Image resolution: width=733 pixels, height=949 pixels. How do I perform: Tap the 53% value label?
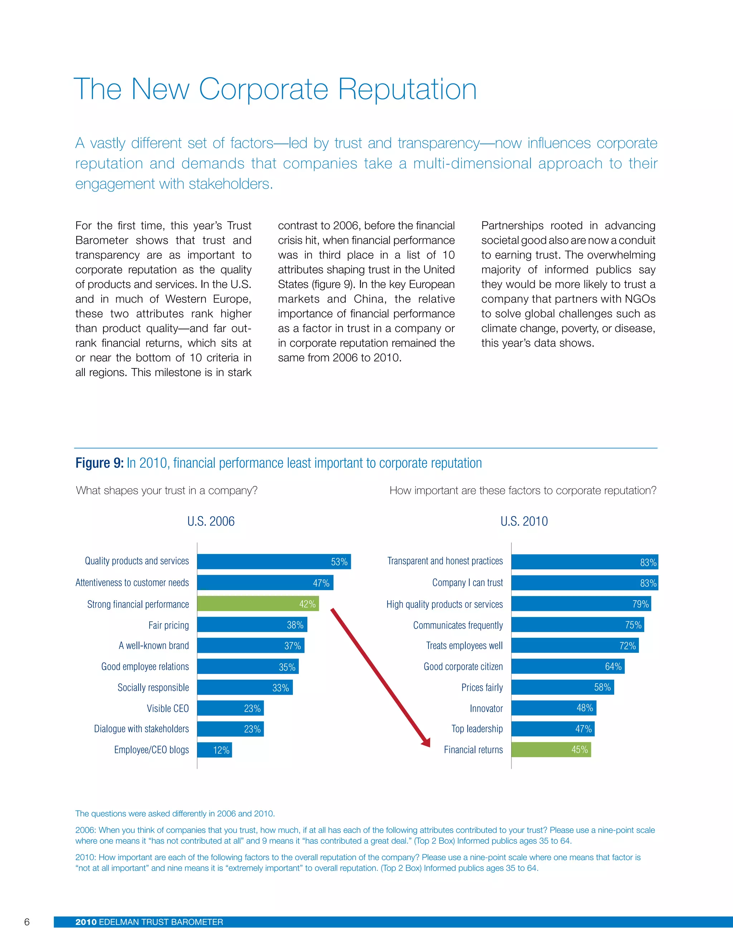[339, 562]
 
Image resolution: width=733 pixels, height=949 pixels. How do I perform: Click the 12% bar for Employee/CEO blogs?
[214, 750]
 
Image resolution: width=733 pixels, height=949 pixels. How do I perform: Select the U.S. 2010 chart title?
[524, 521]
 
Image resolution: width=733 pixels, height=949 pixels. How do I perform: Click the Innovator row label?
[486, 708]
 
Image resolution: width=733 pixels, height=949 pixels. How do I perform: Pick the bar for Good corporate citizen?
[568, 666]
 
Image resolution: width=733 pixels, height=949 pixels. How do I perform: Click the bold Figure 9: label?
[99, 463]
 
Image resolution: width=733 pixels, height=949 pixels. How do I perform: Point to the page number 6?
[27, 922]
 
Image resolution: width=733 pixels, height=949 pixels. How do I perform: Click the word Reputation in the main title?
[407, 90]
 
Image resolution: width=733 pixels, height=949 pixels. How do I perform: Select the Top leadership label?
[477, 729]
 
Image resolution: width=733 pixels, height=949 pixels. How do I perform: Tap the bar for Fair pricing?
[252, 625]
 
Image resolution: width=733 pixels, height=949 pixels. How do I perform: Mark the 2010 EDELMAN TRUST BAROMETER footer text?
[149, 922]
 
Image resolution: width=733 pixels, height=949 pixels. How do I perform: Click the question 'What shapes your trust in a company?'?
[167, 491]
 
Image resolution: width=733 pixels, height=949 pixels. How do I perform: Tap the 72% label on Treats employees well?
[627, 646]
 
